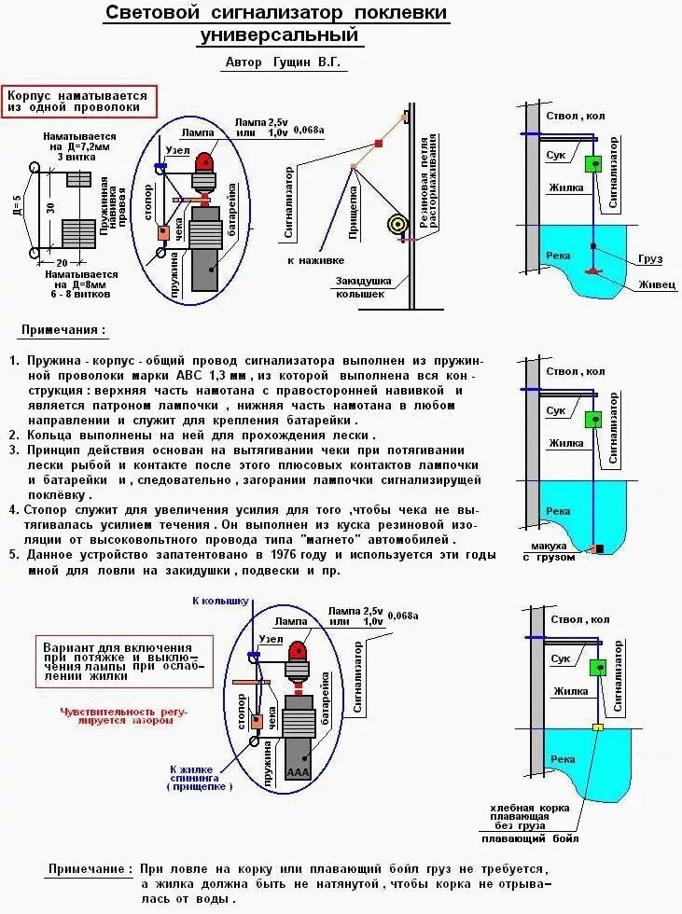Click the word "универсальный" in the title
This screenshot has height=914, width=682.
click(x=279, y=36)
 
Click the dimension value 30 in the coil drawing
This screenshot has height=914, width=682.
click(x=48, y=207)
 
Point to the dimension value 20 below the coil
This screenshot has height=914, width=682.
click(x=62, y=263)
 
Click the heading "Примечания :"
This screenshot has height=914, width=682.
click(x=63, y=329)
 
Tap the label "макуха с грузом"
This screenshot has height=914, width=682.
click(x=550, y=551)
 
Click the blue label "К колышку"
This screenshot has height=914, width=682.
click(x=219, y=601)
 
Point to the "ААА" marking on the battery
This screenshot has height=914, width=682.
click(x=299, y=772)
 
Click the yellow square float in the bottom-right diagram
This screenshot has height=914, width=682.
click(x=598, y=726)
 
